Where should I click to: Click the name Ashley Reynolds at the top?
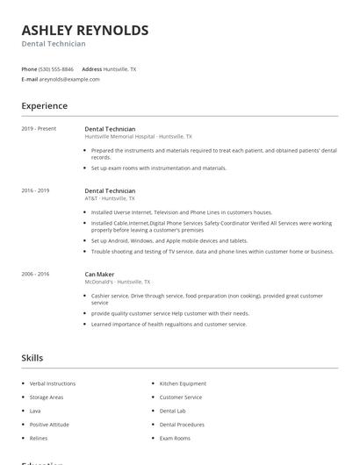pos(84,30)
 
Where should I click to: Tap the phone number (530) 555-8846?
pos(56,68)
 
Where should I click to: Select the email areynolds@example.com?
pos(69,79)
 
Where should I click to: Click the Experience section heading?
pos(44,106)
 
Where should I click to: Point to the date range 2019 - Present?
pos(39,128)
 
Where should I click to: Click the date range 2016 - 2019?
pos(35,190)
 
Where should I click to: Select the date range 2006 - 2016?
pos(35,274)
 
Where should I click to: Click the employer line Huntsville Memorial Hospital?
pos(138,137)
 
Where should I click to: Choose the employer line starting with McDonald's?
pos(118,283)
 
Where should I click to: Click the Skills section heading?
pos(32,358)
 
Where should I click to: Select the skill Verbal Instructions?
pos(53,383)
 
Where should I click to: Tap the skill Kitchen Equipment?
pos(183,383)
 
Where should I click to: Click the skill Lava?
pos(35,411)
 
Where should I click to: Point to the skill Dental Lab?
pos(172,411)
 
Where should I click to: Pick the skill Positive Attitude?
pos(49,425)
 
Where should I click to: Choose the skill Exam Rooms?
pos(175,438)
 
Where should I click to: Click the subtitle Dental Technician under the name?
pos(54,44)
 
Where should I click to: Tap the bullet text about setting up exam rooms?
pos(158,168)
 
